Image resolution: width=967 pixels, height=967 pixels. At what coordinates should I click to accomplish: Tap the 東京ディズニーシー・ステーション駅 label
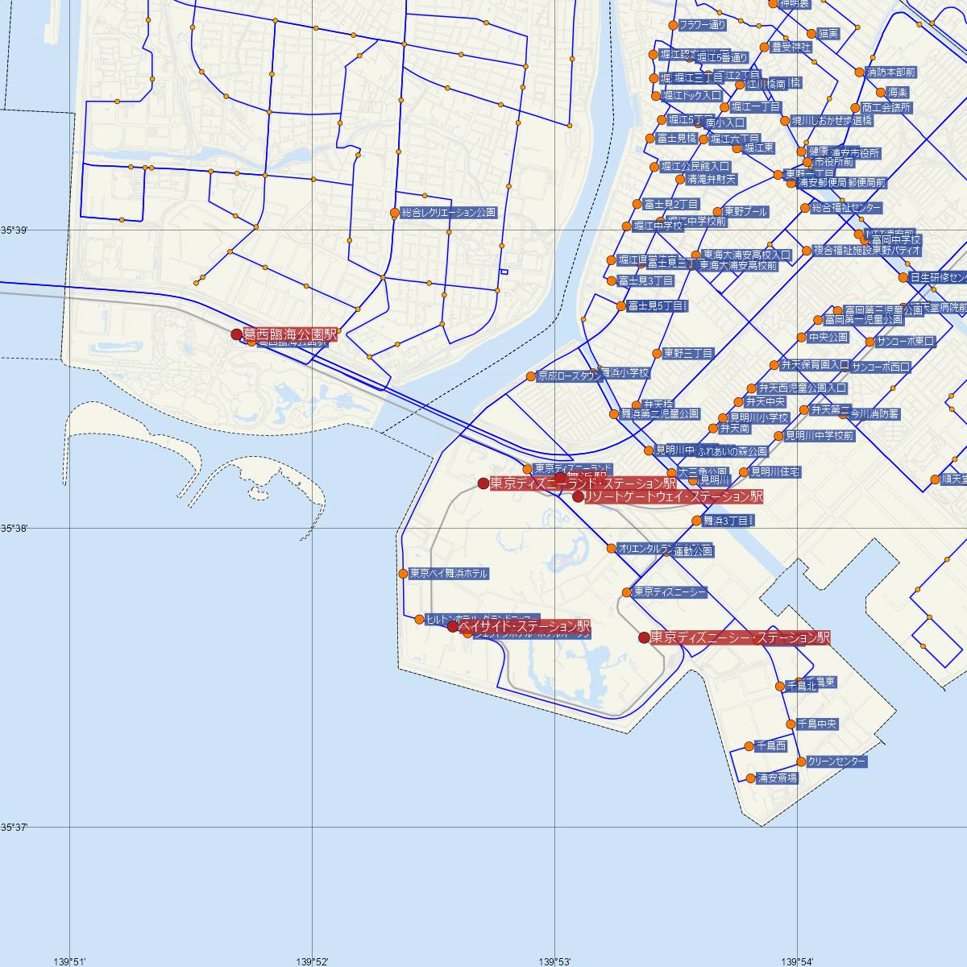coord(740,637)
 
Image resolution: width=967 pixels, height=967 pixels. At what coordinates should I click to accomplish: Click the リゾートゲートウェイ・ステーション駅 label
coord(674,496)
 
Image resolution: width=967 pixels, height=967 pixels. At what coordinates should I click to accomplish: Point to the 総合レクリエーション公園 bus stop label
coord(449,213)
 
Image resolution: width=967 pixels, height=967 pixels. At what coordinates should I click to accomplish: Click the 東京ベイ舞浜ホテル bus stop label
coord(448,574)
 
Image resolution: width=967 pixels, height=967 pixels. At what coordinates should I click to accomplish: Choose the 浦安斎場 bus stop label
coord(778,778)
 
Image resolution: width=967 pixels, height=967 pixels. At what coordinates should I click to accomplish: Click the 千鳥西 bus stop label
coord(771,746)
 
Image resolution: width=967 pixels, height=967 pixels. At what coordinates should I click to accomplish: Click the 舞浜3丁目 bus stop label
coord(727,521)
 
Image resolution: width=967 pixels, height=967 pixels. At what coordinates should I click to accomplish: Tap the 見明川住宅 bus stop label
coord(775,471)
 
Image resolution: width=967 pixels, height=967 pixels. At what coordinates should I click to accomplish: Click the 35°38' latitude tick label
coord(15,529)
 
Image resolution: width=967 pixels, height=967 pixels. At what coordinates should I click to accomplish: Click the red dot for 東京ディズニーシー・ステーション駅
coord(644,637)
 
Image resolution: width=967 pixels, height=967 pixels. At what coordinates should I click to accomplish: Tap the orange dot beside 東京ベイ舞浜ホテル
coord(403,574)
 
